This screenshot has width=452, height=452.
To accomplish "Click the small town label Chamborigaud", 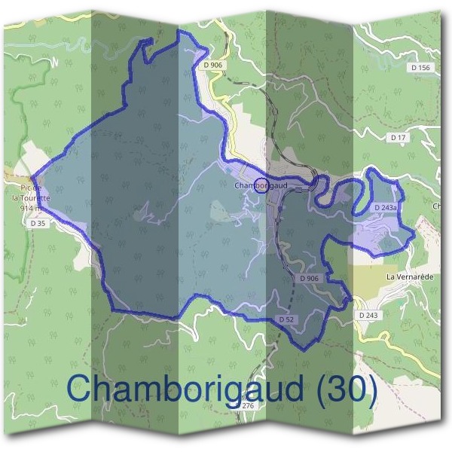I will point(261,185).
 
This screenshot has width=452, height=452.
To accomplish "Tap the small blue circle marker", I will point(261,186).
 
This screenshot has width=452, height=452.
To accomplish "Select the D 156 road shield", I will point(421,68).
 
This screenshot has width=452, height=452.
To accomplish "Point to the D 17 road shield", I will point(399,137).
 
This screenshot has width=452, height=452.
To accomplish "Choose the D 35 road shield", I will point(38,224).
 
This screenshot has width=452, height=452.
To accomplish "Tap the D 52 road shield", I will point(286,319).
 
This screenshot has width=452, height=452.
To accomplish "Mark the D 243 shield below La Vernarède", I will point(368,314).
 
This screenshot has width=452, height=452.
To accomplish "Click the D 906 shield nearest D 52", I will point(309,278).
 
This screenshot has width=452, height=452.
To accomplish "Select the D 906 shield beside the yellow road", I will point(214,66).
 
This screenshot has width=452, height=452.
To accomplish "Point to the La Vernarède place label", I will point(410,276).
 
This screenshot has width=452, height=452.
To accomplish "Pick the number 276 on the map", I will point(248,406).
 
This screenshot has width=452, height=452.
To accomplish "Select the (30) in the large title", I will point(344,389).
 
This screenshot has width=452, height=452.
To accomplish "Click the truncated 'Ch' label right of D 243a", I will point(437,205).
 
